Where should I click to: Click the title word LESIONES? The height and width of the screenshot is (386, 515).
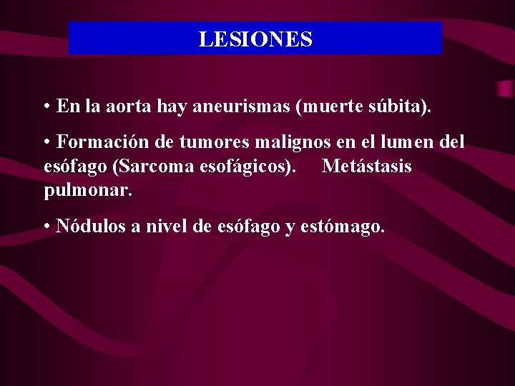(x=255, y=39)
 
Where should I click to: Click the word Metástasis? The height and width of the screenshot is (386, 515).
(x=367, y=167)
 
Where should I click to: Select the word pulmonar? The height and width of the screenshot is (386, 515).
(x=88, y=191)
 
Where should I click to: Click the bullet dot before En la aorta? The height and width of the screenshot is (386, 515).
(x=45, y=108)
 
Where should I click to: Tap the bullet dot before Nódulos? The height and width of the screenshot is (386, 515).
(x=45, y=227)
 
